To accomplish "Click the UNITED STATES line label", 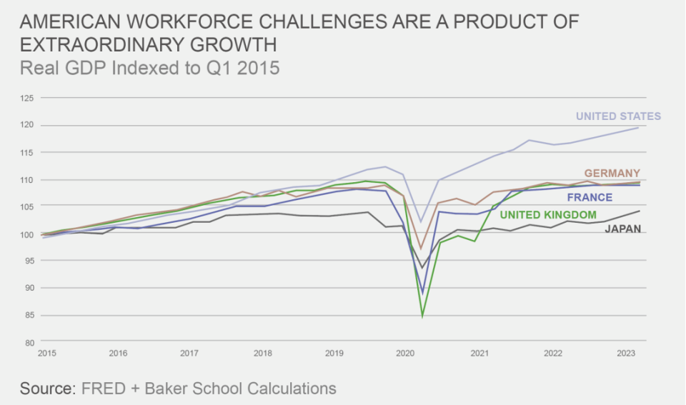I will click(x=618, y=116).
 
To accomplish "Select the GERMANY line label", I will click(x=612, y=174).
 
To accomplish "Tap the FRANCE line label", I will click(x=590, y=198).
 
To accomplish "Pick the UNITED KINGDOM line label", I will click(x=548, y=214).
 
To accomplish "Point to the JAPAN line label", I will click(x=622, y=229).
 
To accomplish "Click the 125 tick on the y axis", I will click(x=26, y=99).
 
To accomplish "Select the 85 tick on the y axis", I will click(x=29, y=316).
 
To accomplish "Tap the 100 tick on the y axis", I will click(x=26, y=234).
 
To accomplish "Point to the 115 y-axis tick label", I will click(x=26, y=153).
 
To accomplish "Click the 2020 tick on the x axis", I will click(x=404, y=354).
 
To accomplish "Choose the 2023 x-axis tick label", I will click(x=625, y=354).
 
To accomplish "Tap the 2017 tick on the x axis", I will click(x=189, y=354).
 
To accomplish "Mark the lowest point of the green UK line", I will click(x=422, y=315).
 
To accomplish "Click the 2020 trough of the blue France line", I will click(x=422, y=293).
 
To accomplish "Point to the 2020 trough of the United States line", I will click(x=422, y=222).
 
